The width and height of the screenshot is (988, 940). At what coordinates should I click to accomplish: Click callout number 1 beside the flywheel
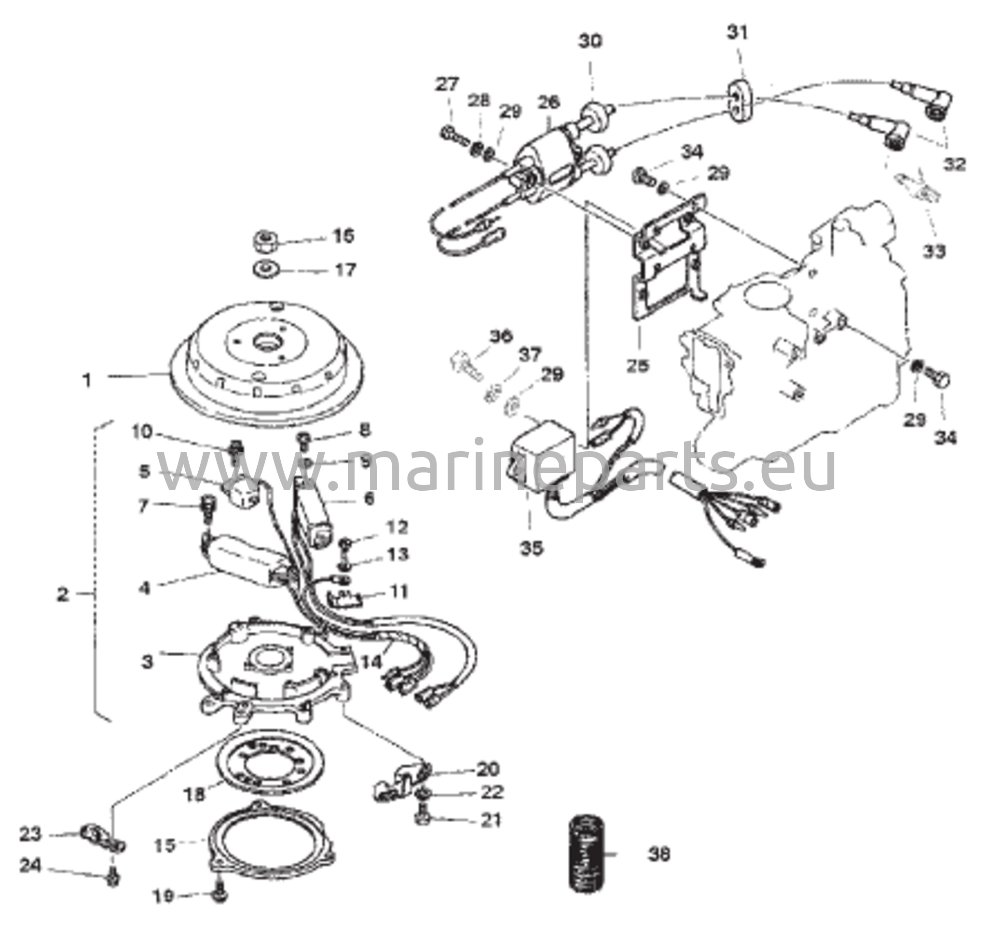click(87, 380)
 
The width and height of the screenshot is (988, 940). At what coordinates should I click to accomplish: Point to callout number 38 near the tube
click(659, 854)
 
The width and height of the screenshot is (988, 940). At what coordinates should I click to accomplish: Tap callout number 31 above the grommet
click(738, 32)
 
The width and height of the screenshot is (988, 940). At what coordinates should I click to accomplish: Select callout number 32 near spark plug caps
click(954, 164)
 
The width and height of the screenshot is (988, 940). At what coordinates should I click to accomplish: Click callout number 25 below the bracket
click(637, 365)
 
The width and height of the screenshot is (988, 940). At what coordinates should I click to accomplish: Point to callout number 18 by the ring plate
click(194, 795)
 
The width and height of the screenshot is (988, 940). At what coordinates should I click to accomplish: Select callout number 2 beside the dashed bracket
click(62, 595)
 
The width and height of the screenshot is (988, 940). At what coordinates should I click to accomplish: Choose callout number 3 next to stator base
click(146, 662)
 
